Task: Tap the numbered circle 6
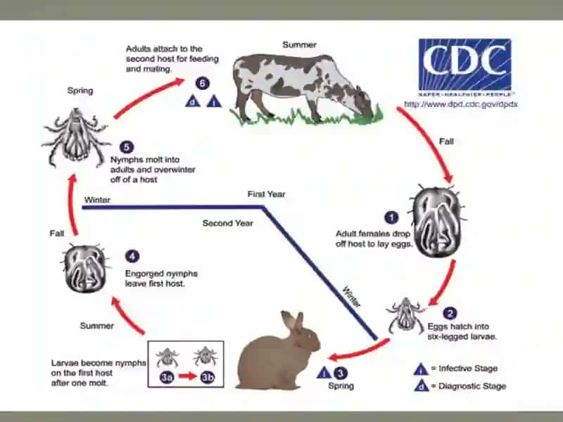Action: click(203, 83)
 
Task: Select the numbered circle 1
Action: click(391, 217)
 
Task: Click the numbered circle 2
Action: click(450, 313)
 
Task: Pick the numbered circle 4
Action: click(132, 256)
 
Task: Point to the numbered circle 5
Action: click(127, 147)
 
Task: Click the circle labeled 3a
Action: click(167, 377)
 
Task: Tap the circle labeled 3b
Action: click(207, 377)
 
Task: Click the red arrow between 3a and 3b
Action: click(187, 376)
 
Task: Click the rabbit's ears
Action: click(293, 321)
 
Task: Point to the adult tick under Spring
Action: click(76, 137)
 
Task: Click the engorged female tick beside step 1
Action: click(436, 221)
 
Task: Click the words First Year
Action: click(266, 194)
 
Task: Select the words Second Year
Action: click(227, 223)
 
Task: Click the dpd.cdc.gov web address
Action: click(461, 104)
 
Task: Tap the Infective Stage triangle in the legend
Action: click(420, 369)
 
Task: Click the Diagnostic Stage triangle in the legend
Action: click(421, 385)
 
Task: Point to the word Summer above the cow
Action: click(300, 45)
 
